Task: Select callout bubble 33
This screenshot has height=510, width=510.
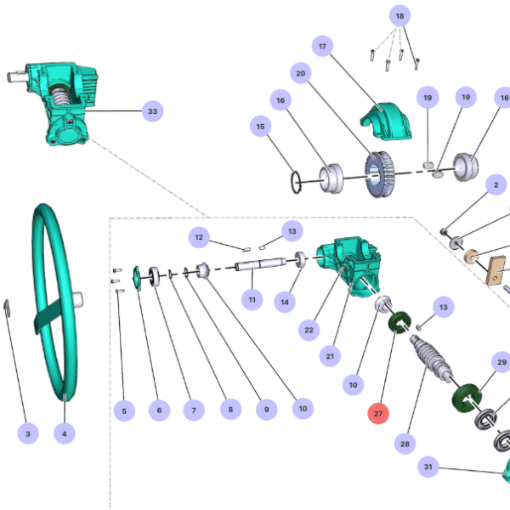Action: tap(152, 110)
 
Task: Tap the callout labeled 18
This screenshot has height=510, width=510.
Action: tap(400, 16)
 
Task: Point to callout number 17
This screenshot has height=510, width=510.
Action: tap(322, 47)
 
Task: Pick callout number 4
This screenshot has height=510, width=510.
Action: tap(61, 433)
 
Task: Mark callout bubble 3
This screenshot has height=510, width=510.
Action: tap(27, 433)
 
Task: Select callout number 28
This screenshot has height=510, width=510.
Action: tap(405, 443)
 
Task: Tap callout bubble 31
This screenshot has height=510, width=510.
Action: tap(430, 467)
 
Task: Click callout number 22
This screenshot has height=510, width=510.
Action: tap(309, 329)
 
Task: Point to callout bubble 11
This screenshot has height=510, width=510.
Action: tap(252, 299)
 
